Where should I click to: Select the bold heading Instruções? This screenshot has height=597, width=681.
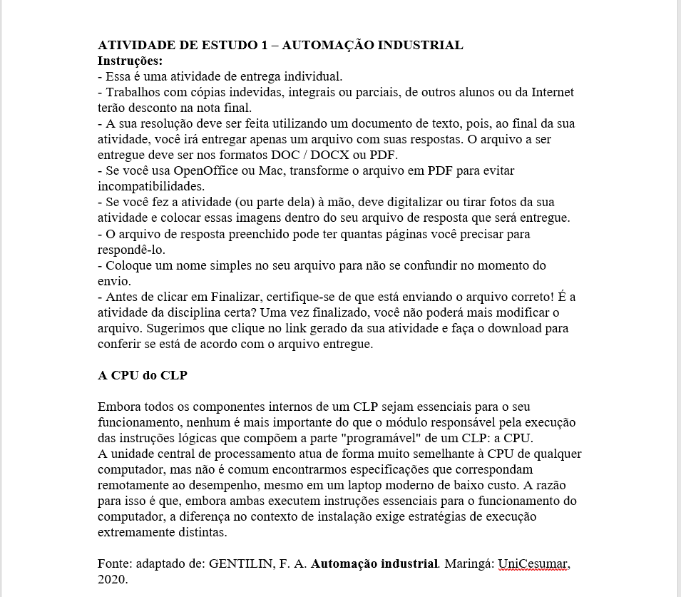130,61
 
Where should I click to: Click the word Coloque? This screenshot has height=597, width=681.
127,265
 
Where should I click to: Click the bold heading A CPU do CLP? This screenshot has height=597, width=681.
142,375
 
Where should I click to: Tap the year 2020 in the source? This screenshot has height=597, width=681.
111,580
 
